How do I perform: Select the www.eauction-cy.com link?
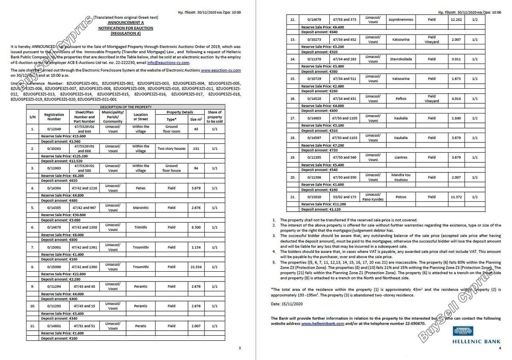coord(221,70)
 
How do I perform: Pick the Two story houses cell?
coord(172,148)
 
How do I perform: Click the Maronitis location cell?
coord(140,208)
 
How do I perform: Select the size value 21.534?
coord(195,267)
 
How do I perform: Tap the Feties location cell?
coord(140,188)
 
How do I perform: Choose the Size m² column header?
coord(195,119)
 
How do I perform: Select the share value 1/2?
coord(475,20)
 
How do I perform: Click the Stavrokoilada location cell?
coord(401,59)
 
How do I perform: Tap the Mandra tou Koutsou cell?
coord(401,177)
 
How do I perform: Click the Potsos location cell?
coord(401,197)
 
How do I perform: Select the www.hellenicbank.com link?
coord(323,324)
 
